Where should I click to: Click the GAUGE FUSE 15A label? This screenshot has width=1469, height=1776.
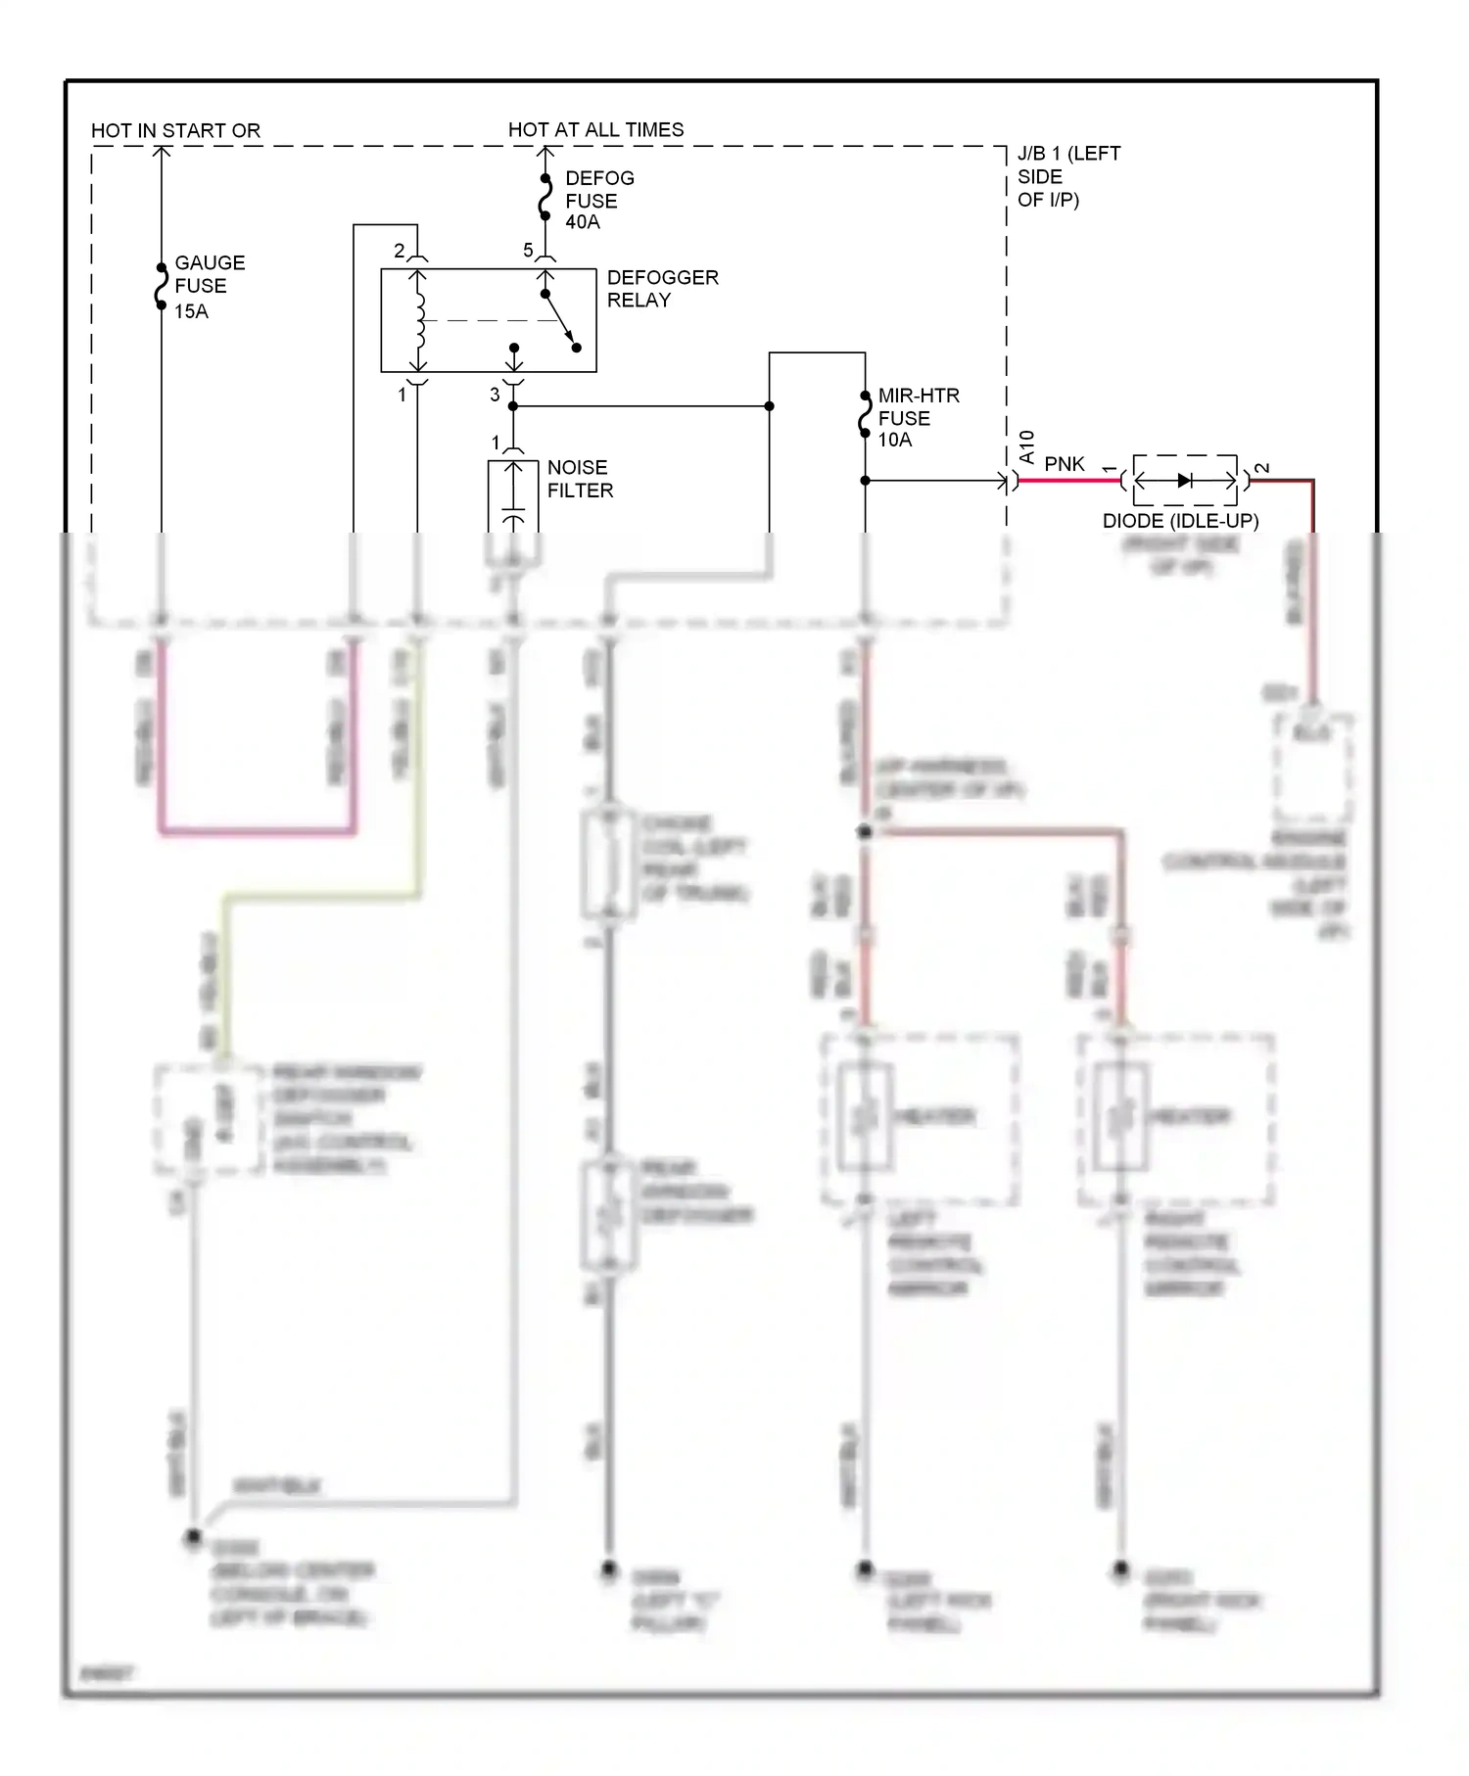pyautogui.click(x=208, y=287)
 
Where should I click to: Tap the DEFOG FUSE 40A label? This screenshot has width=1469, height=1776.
pyautogui.click(x=598, y=200)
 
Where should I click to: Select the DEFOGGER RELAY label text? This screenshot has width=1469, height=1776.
pyautogui.click(x=661, y=289)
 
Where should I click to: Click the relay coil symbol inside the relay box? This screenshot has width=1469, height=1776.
pyautogui.click(x=419, y=320)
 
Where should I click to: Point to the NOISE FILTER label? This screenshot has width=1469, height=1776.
pyautogui.click(x=579, y=479)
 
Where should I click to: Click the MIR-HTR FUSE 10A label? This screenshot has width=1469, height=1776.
pyautogui.click(x=917, y=418)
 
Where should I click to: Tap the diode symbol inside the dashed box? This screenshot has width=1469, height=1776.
pyautogui.click(x=1184, y=481)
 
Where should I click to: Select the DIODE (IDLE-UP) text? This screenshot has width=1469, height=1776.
pyautogui.click(x=1179, y=521)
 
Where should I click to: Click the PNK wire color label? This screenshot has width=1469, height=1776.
pyautogui.click(x=1064, y=464)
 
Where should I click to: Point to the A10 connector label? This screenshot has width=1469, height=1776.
pyautogui.click(x=1026, y=446)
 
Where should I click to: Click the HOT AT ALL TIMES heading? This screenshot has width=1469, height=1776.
pyautogui.click(x=595, y=129)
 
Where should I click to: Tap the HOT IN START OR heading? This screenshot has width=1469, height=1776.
pyautogui.click(x=175, y=130)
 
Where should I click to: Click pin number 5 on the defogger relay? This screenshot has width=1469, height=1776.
pyautogui.click(x=528, y=251)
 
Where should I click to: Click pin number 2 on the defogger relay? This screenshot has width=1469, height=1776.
pyautogui.click(x=399, y=251)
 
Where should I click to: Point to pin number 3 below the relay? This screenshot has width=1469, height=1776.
pyautogui.click(x=495, y=395)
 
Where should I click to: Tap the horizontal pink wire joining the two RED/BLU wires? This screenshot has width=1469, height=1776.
pyautogui.click(x=257, y=832)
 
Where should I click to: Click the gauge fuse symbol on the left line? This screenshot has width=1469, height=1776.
pyautogui.click(x=162, y=287)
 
